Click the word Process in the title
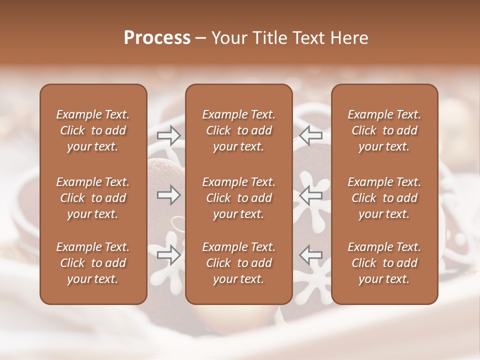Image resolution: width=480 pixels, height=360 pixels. (157, 38)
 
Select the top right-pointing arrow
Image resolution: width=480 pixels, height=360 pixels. (168, 135)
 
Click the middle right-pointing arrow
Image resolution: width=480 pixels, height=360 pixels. (168, 195)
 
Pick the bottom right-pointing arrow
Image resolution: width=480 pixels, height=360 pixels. (168, 254)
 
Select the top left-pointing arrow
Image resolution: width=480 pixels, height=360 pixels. (310, 135)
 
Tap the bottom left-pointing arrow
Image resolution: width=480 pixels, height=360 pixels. (310, 254)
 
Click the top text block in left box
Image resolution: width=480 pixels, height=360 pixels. (93, 130)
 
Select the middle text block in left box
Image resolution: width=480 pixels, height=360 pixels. (93, 198)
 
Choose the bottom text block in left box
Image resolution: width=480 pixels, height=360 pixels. (93, 263)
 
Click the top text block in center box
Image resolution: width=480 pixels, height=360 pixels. (238, 130)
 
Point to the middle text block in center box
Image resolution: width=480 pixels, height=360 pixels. (238, 198)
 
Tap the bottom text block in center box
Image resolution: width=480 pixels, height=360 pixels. (238, 263)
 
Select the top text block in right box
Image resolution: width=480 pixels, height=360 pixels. (384, 130)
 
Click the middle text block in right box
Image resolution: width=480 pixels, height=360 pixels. (384, 198)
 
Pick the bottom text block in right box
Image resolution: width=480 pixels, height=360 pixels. (384, 263)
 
